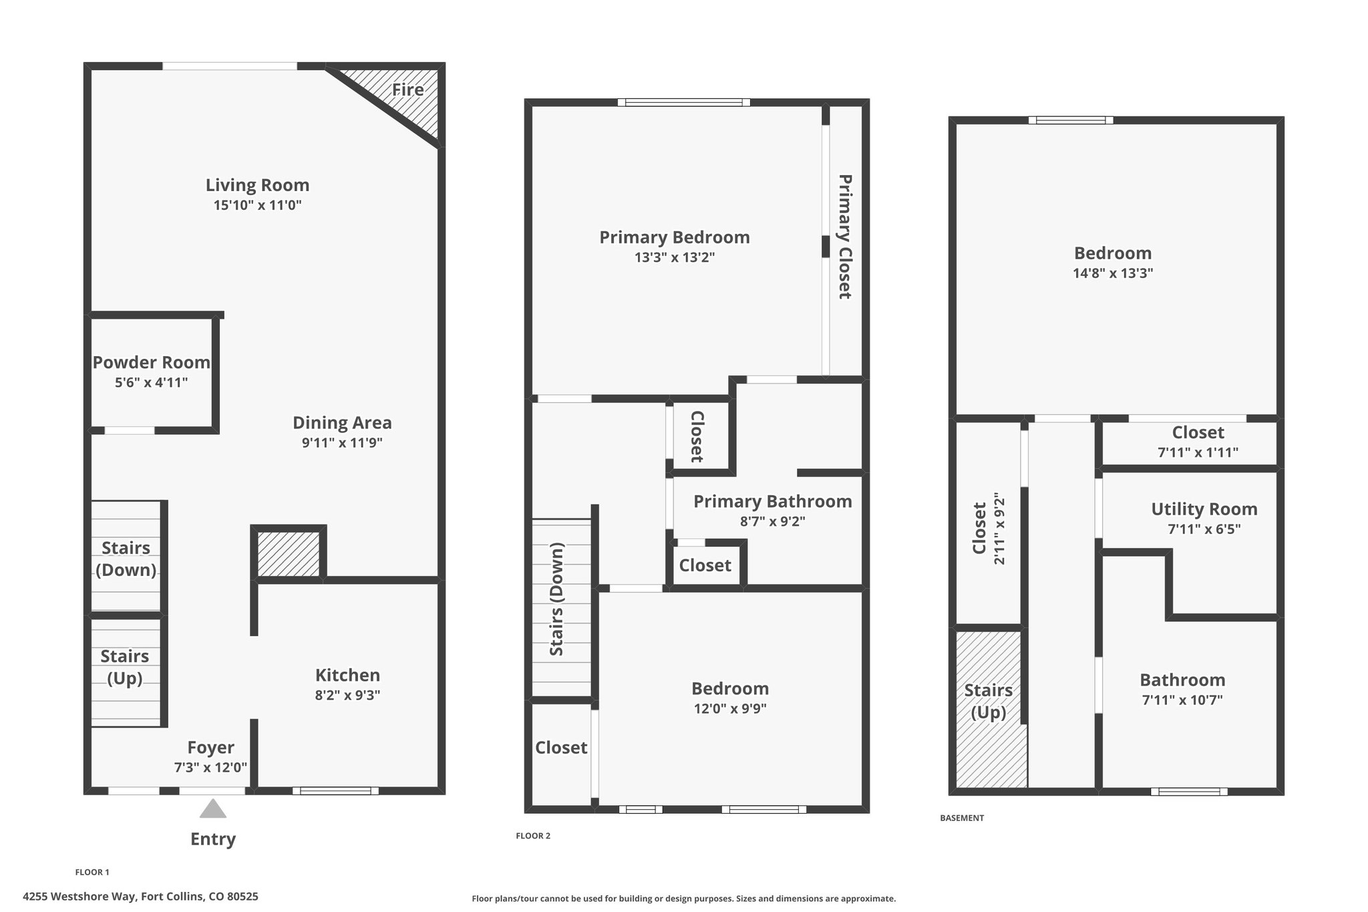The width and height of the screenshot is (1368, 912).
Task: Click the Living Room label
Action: (x=257, y=185)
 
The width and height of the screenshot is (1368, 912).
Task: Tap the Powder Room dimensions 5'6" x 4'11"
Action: (x=152, y=383)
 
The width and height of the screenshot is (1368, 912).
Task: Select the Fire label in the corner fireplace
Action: (x=407, y=90)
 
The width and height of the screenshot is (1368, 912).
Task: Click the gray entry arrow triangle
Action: (x=213, y=808)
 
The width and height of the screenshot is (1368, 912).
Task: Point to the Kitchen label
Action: (x=347, y=675)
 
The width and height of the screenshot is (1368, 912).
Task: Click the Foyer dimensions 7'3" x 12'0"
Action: (x=211, y=768)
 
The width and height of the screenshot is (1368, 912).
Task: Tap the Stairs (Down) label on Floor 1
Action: (x=126, y=559)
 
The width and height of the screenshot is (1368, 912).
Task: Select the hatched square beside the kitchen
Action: (x=289, y=554)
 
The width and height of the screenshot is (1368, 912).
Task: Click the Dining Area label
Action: (x=342, y=423)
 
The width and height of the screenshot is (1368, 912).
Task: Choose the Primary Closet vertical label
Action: (x=845, y=237)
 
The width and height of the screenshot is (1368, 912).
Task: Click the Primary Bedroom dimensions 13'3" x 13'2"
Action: (x=675, y=257)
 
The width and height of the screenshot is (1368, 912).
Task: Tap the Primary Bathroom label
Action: (x=773, y=502)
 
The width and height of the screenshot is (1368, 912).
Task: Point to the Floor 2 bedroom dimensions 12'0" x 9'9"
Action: (x=730, y=709)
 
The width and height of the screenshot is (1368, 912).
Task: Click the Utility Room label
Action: (x=1204, y=509)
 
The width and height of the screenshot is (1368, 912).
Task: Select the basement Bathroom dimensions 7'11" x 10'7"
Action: (x=1182, y=700)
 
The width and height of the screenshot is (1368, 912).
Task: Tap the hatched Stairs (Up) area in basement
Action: (x=991, y=709)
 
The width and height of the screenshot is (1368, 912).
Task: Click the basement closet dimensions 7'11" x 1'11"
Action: (x=1198, y=452)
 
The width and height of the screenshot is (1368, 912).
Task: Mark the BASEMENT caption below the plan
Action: (x=962, y=818)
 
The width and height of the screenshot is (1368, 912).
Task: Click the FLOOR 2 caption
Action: (x=533, y=836)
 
